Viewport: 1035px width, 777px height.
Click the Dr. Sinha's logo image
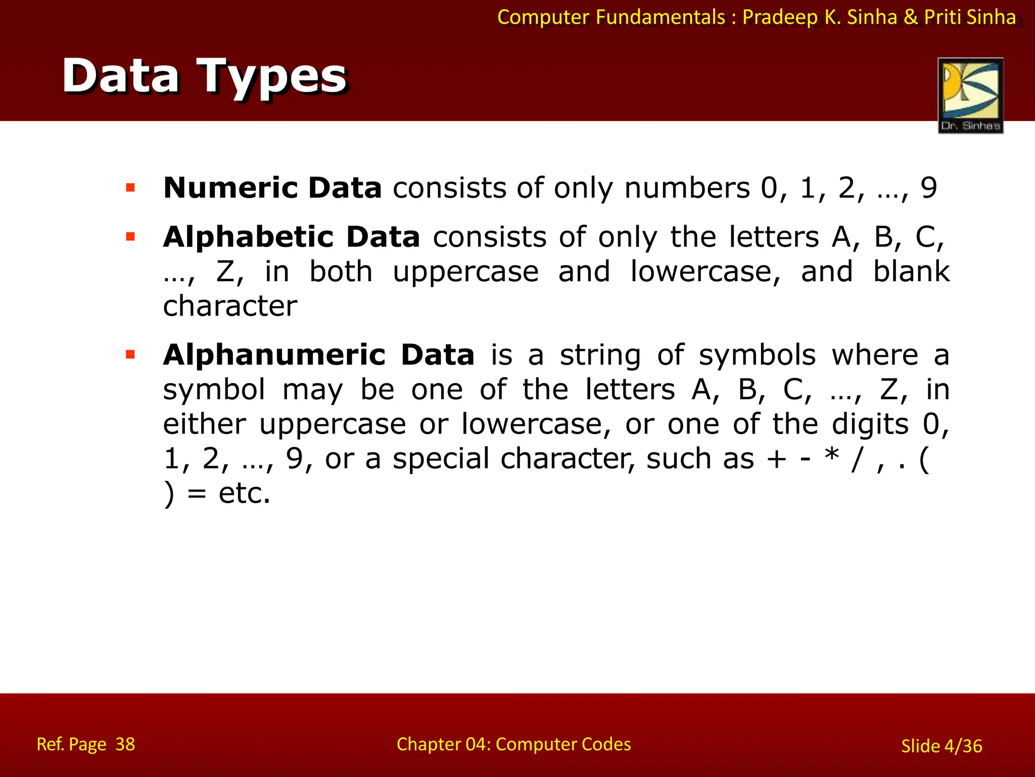[970, 95]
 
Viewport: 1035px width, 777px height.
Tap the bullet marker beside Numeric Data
[131, 188]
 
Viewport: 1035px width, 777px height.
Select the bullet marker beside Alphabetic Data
[131, 237]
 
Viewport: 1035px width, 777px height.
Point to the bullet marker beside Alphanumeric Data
[131, 355]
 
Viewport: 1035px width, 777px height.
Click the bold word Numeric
[230, 188]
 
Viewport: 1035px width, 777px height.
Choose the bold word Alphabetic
[248, 237]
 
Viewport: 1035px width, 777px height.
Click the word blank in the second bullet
[912, 272]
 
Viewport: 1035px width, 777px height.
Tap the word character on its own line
[230, 306]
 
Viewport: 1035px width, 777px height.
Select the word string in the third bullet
[600, 356]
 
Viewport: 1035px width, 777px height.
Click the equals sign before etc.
[197, 494]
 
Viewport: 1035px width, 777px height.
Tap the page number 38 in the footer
[125, 744]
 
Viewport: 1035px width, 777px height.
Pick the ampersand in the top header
[910, 17]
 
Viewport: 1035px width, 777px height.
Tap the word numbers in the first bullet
[687, 188]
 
